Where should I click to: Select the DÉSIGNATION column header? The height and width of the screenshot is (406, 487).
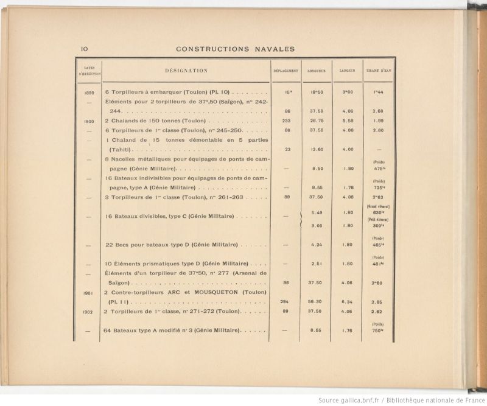(x=186, y=71)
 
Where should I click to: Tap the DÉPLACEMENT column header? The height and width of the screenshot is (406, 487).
(x=286, y=71)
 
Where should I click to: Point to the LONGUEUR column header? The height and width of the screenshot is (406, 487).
(x=317, y=71)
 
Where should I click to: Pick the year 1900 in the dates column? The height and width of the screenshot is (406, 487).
(x=88, y=121)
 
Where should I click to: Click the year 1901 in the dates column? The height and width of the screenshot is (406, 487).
(x=88, y=293)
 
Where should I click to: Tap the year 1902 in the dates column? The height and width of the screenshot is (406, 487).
(x=88, y=312)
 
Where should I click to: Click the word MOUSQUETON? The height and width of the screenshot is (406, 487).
(x=209, y=293)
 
